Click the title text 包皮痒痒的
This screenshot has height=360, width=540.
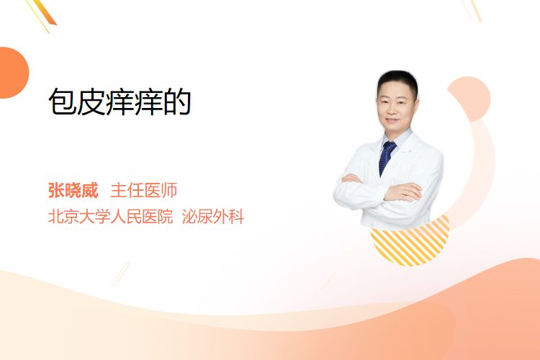[x=120, y=102]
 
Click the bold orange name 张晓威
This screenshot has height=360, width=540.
[x=73, y=190]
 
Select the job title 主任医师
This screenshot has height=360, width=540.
[x=143, y=190]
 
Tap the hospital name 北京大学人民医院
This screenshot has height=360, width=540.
[x=110, y=217]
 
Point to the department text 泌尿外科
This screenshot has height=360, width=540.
[x=213, y=217]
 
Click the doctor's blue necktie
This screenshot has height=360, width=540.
[x=387, y=158]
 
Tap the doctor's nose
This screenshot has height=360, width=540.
[x=394, y=109]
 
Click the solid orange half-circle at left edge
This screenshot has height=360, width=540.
[x=12, y=73]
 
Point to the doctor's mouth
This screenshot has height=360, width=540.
[x=392, y=120]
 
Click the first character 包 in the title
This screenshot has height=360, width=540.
[x=63, y=102]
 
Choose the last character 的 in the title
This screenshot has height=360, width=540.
[x=177, y=102]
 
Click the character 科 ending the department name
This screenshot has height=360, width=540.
[x=236, y=217]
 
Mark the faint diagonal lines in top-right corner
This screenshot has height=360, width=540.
[x=472, y=10]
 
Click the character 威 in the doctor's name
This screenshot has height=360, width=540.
[x=90, y=190]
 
